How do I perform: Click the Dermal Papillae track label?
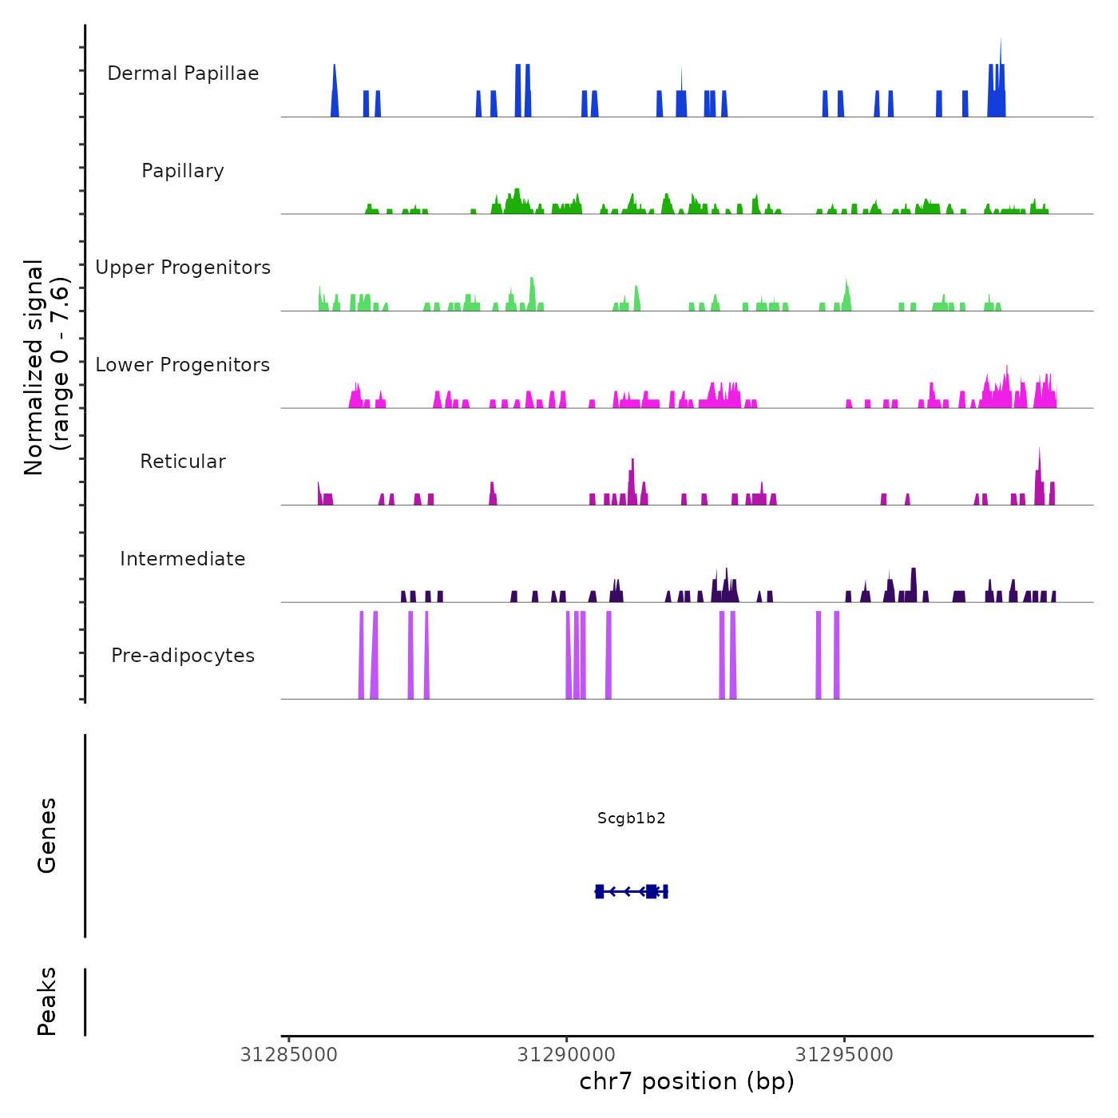pos(183,73)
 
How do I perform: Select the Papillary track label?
pos(183,171)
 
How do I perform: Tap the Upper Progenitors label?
pos(183,268)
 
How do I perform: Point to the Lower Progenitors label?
pos(183,365)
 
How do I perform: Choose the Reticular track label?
pos(183,462)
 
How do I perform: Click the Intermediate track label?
pos(183,559)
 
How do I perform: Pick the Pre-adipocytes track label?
pos(183,656)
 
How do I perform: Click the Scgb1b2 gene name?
pos(631,819)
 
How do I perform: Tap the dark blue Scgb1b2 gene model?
pos(631,891)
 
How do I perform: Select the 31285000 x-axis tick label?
pos(289,1055)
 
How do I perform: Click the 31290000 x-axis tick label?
pos(566,1055)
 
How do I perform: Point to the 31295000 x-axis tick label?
pos(844,1055)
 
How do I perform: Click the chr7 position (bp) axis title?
pos(687,1082)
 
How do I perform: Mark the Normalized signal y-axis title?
pos(46,367)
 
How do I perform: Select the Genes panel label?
pos(47,835)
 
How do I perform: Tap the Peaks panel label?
pos(47,1001)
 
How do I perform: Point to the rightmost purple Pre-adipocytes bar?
pos(836,655)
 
